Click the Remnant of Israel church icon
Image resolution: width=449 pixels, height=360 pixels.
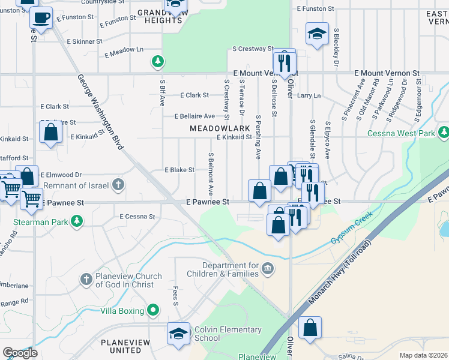119,184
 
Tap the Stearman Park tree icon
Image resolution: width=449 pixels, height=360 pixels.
77,221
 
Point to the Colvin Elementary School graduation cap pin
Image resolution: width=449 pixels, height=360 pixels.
179,334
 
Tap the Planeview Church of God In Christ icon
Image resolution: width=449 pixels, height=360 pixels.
86,279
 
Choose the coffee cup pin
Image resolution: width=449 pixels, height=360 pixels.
41,19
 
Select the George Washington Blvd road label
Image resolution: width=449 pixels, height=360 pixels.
100,112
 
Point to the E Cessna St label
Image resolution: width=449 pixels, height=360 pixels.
137,217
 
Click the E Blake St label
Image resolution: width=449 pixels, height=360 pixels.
179,170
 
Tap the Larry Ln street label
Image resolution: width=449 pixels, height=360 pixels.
309,95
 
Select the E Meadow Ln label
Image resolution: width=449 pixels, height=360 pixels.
124,52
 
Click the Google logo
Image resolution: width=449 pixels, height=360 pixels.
20,353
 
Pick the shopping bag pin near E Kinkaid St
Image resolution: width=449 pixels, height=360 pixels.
50,131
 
